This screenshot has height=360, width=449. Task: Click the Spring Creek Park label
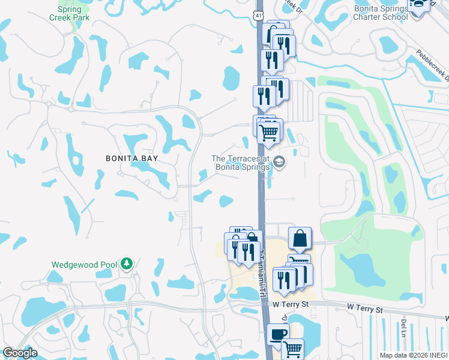pos(73,14)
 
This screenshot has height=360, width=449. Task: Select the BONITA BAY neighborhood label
pos(131,158)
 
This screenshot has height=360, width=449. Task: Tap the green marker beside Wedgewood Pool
pos(126,263)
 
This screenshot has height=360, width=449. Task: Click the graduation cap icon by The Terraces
pos(279,162)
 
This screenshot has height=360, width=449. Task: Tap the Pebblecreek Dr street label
pos(430,62)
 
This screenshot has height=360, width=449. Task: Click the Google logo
pos(20,353)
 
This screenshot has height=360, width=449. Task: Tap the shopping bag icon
pos(300,238)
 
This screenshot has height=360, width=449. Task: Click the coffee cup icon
pos(277,334)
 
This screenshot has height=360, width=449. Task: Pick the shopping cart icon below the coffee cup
pos(292,347)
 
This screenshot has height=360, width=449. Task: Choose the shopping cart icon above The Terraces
pos(270,131)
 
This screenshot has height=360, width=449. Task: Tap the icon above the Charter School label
pos(419,3)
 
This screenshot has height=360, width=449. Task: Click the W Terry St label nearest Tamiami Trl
pos(291,304)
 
